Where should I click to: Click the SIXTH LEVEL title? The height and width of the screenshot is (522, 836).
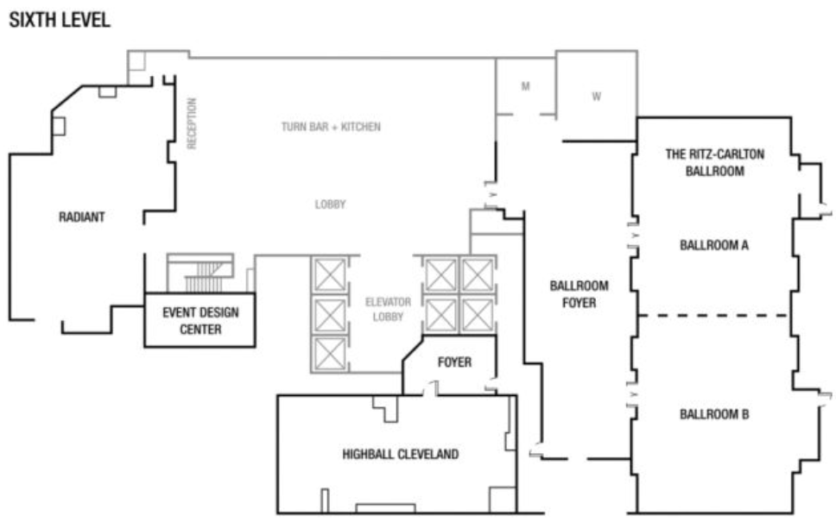click(60, 20)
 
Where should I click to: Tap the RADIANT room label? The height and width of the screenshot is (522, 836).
click(81, 217)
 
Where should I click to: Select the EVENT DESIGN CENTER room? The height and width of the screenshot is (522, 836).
click(200, 320)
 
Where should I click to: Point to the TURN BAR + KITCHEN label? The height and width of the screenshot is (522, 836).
click(331, 127)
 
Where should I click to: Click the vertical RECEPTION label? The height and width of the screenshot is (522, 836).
click(192, 123)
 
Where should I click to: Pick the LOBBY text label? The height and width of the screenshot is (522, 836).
click(330, 204)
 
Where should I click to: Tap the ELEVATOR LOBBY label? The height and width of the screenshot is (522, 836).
click(388, 309)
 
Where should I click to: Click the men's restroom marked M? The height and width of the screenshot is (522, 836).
click(526, 85)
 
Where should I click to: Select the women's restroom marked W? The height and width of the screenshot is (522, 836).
click(597, 97)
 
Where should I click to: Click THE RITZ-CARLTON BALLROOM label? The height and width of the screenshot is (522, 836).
click(714, 162)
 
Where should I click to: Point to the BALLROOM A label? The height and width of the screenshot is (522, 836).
click(714, 245)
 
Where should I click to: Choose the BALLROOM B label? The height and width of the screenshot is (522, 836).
click(714, 414)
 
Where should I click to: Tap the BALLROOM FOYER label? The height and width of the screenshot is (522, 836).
click(579, 294)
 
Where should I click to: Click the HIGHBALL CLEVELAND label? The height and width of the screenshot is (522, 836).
click(401, 455)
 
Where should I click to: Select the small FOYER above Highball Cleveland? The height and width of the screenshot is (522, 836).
click(454, 362)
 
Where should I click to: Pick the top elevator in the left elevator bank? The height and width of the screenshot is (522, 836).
click(330, 275)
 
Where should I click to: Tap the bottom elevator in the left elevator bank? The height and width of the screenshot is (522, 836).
click(330, 355)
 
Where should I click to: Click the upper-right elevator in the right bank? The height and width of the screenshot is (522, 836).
click(478, 275)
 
